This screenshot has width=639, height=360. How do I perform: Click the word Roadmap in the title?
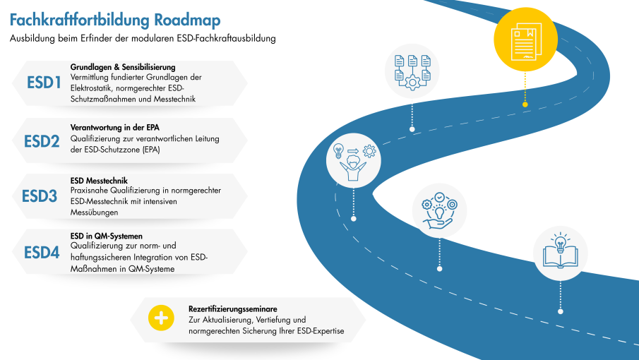(186, 18)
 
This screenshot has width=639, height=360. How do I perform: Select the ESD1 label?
(43, 83)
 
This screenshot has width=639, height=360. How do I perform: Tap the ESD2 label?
(41, 140)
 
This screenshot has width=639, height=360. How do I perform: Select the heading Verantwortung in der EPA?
(109, 127)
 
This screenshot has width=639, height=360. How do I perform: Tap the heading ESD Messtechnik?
(99, 181)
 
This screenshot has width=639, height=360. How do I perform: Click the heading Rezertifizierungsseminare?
(232, 309)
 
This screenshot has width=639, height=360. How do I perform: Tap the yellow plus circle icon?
(161, 318)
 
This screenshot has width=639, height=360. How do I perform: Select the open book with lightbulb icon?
(561, 253)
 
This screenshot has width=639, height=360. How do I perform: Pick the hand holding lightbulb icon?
(439, 210)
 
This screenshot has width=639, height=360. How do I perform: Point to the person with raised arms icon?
(353, 163)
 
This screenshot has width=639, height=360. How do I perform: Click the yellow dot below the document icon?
(525, 104)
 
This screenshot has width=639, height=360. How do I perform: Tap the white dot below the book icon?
(561, 311)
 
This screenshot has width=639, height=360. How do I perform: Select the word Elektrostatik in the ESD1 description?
(94, 88)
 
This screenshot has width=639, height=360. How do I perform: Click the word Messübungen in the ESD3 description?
(94, 212)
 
